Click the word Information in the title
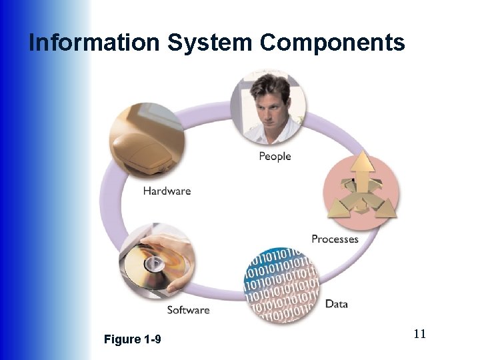(94, 43)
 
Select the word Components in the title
(333, 43)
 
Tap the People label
(275, 157)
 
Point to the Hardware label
(167, 191)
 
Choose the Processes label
(335, 239)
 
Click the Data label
(337, 304)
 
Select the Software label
(188, 310)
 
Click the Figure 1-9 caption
(133, 340)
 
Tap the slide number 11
(419, 334)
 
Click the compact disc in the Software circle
(145, 265)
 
